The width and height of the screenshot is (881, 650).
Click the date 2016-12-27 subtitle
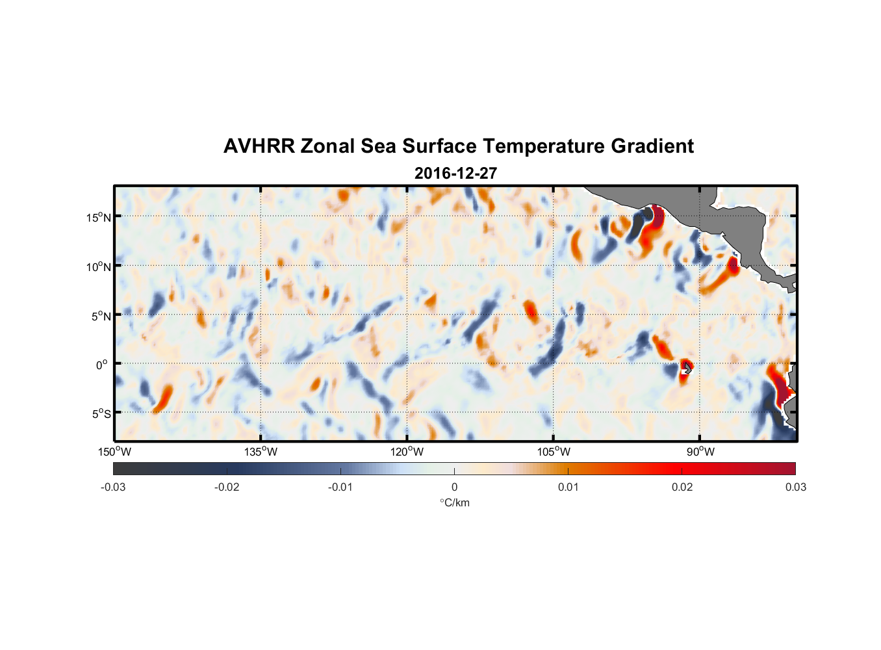455,174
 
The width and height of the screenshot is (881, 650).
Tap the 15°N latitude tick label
99,217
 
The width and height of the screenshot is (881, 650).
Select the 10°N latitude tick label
99,266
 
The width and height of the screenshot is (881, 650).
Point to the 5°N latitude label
101,316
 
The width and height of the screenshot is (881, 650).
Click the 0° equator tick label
102,365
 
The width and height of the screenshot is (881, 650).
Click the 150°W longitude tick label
115,452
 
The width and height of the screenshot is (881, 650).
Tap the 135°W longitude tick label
261,452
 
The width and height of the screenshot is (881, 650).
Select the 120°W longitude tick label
407,452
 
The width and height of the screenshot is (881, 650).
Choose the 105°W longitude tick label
554,452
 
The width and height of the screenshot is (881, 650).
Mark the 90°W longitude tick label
700,452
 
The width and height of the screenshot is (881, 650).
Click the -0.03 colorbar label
113,487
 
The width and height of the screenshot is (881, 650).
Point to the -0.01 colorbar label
340,487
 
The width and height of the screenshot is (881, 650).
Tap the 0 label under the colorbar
454,487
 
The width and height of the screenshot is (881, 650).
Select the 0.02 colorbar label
682,487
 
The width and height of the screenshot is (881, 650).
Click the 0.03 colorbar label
795,487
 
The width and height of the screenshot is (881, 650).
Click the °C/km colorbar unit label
454,502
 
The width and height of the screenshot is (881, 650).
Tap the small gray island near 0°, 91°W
687,368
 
